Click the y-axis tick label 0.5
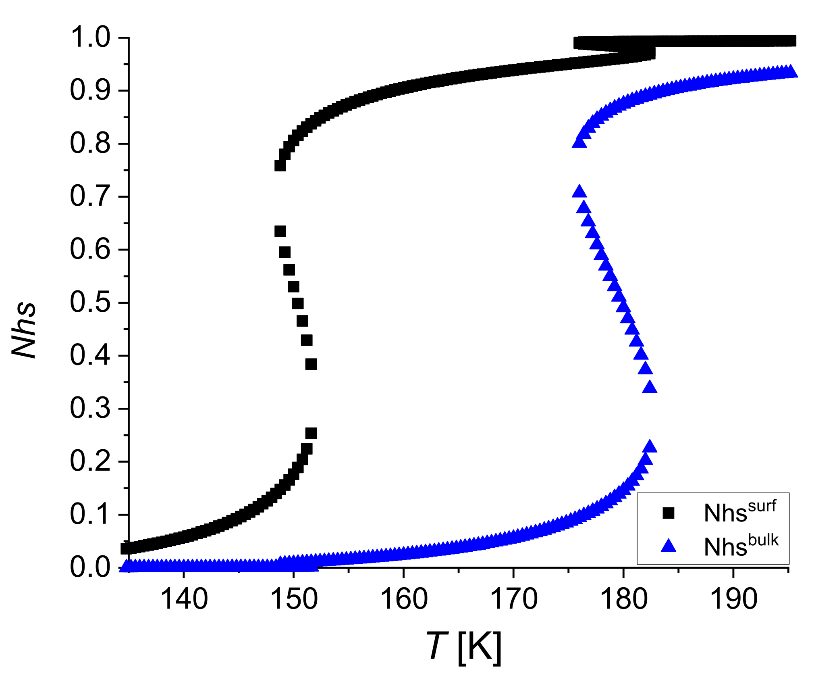(x=90, y=302)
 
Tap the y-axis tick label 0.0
(x=90, y=567)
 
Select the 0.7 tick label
(x=90, y=196)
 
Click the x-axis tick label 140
(x=184, y=599)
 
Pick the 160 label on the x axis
(x=403, y=599)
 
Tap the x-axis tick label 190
(x=733, y=599)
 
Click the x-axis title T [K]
(x=463, y=646)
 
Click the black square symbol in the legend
(x=668, y=513)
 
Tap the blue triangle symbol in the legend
(x=668, y=546)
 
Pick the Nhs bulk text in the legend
(x=741, y=546)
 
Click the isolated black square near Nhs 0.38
(x=311, y=364)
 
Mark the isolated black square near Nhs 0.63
(x=280, y=231)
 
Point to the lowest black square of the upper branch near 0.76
(x=280, y=166)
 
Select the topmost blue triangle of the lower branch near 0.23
(x=650, y=447)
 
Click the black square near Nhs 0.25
(x=311, y=434)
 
